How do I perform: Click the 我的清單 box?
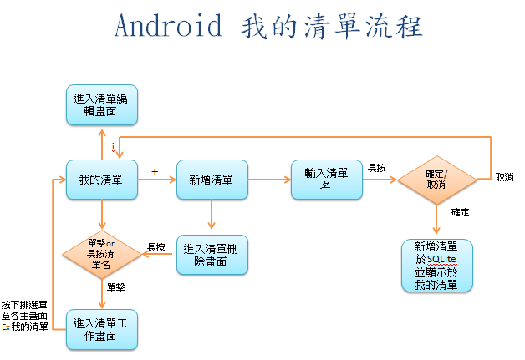(x=101, y=179)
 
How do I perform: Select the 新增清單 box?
(x=212, y=179)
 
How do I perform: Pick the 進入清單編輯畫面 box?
(x=101, y=105)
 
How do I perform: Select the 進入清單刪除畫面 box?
(x=211, y=254)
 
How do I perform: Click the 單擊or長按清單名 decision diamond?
(x=101, y=253)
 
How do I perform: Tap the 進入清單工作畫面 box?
(x=101, y=328)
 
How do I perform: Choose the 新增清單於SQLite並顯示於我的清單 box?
(x=436, y=266)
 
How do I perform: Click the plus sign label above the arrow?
(x=154, y=170)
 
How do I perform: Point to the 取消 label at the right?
(x=504, y=177)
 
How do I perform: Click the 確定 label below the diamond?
(x=460, y=212)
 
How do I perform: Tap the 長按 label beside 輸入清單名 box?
(x=377, y=168)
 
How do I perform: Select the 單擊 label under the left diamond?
(x=116, y=286)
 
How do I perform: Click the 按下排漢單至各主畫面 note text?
(x=25, y=315)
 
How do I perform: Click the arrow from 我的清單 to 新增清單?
(x=155, y=179)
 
